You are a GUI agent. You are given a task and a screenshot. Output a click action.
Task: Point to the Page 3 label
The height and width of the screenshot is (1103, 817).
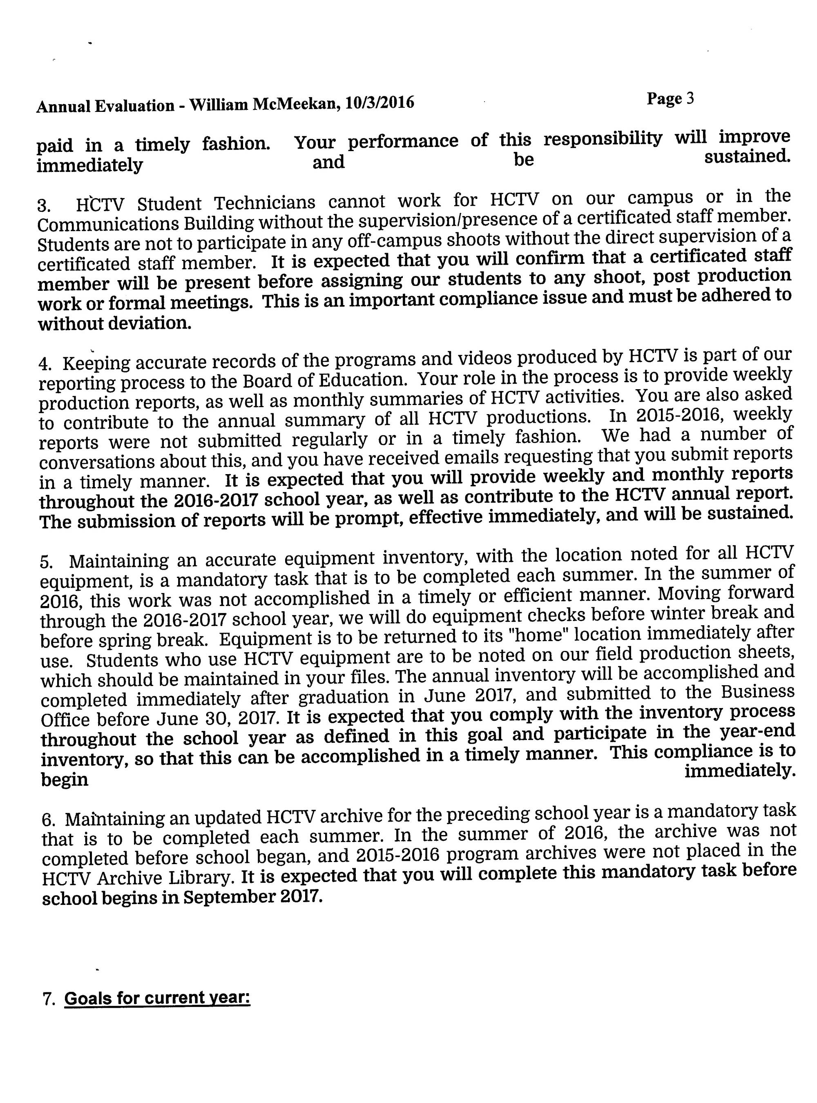670,99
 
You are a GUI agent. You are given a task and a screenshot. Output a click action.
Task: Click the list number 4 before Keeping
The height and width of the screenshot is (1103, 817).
45,364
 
